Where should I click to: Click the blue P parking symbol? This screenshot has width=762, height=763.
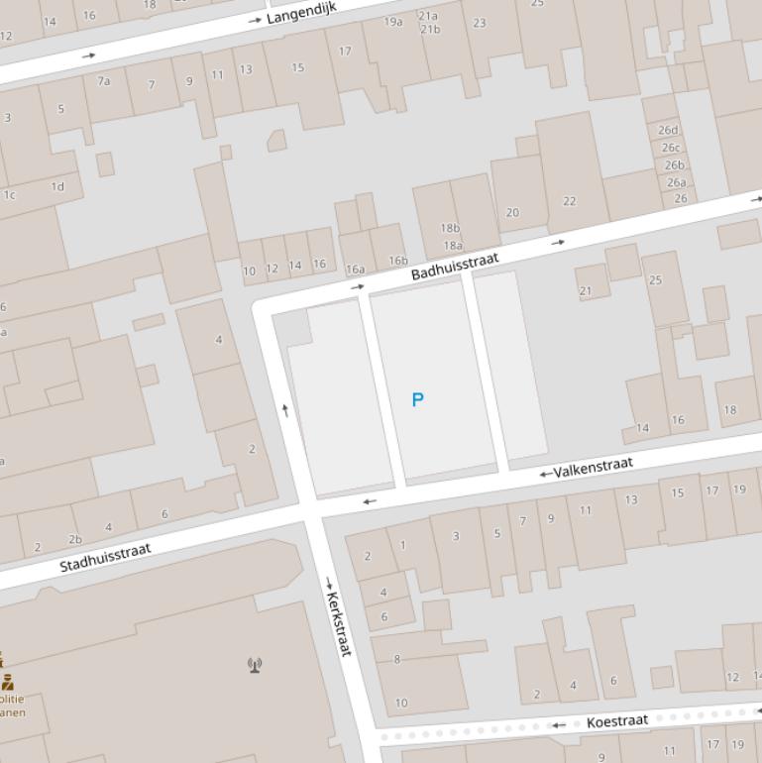[417, 399]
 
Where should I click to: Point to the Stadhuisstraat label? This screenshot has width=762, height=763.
[105, 557]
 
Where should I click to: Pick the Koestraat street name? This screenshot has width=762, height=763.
[616, 721]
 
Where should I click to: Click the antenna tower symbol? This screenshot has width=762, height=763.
[255, 664]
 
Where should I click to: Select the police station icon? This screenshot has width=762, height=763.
[8, 681]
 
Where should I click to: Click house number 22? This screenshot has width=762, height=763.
[569, 201]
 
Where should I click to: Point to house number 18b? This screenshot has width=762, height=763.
[451, 228]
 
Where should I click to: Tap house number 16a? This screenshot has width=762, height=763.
[355, 269]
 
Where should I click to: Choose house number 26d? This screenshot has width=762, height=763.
[668, 130]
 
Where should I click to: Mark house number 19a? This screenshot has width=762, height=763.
[393, 22]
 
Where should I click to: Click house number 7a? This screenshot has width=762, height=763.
[103, 81]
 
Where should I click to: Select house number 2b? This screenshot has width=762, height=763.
[75, 540]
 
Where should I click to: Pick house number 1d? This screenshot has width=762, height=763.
[57, 186]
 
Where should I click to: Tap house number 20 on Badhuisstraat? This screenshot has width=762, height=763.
[512, 212]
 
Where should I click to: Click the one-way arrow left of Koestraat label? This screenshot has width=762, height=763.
[559, 725]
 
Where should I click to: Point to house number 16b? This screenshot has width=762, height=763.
[397, 261]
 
